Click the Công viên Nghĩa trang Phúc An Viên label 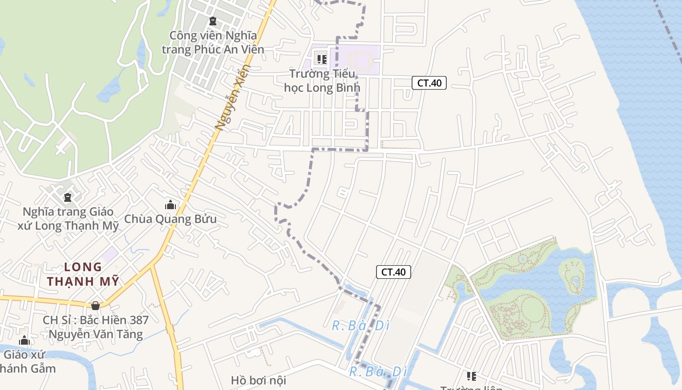coord(213,42)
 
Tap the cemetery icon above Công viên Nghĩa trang coord(213,21)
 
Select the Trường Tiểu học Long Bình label coord(322,81)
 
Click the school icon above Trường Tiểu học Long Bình coord(322,59)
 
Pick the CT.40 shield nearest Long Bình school coord(429,83)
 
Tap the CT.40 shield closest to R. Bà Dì coord(394,272)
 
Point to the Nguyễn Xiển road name coord(232,98)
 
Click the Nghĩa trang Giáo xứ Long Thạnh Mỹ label coord(68,219)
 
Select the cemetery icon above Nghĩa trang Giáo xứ coord(68,197)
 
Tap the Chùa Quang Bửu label coord(170,219)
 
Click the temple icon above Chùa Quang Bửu coord(170,205)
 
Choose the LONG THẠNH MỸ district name coord(83,274)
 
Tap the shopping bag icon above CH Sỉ coord(95,306)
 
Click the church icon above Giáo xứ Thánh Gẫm coord(24,340)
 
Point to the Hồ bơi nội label coord(258,380)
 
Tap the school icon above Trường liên coord(471,376)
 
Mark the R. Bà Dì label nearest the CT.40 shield coord(360,326)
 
